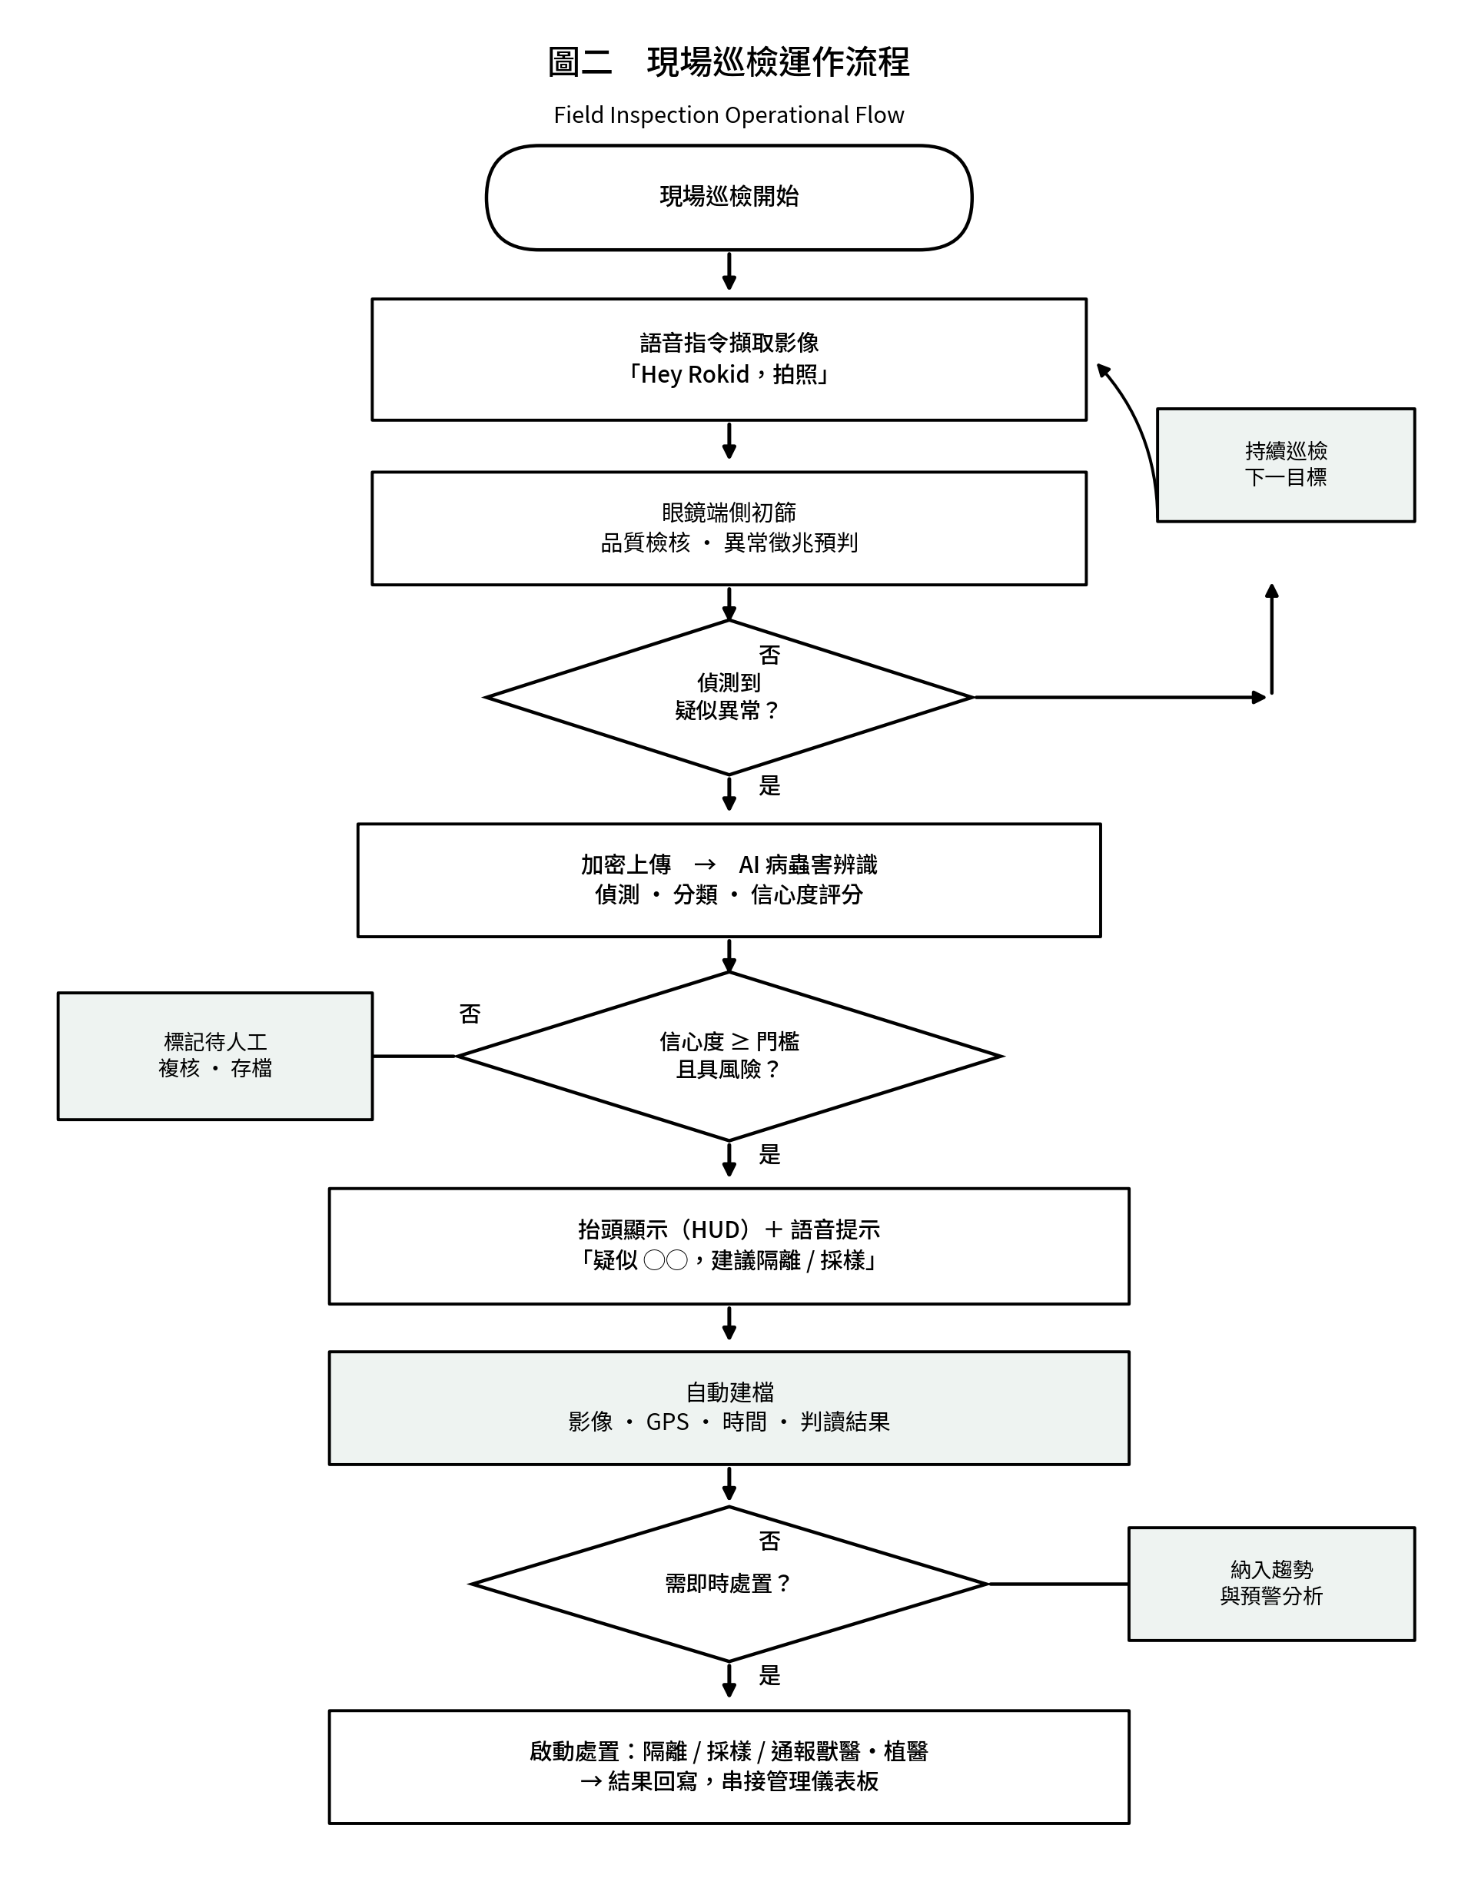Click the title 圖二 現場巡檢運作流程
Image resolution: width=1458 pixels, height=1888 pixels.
728,62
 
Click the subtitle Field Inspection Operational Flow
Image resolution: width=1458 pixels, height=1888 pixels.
728,115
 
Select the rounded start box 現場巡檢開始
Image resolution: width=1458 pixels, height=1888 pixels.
729,198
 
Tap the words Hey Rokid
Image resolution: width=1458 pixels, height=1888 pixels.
694,374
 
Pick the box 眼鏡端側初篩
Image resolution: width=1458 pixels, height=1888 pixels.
729,528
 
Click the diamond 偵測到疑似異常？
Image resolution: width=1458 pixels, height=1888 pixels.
729,697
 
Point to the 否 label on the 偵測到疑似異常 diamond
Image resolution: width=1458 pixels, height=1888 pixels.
769,655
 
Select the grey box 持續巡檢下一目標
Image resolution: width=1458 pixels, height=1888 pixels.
1285,465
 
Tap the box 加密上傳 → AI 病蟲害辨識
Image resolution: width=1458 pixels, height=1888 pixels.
729,880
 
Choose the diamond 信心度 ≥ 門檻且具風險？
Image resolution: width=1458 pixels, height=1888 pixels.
729,1056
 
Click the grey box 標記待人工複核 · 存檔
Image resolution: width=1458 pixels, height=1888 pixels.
215,1056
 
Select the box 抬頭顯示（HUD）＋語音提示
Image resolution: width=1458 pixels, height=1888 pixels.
729,1246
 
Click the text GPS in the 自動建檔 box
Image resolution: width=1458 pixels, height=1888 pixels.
668,1422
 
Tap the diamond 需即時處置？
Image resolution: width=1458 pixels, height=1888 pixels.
729,1584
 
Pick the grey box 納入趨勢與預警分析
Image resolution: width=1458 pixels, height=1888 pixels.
1271,1584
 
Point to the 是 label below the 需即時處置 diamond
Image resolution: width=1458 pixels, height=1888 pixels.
769,1675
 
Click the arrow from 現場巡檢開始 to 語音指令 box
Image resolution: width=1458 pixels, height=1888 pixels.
729,270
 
